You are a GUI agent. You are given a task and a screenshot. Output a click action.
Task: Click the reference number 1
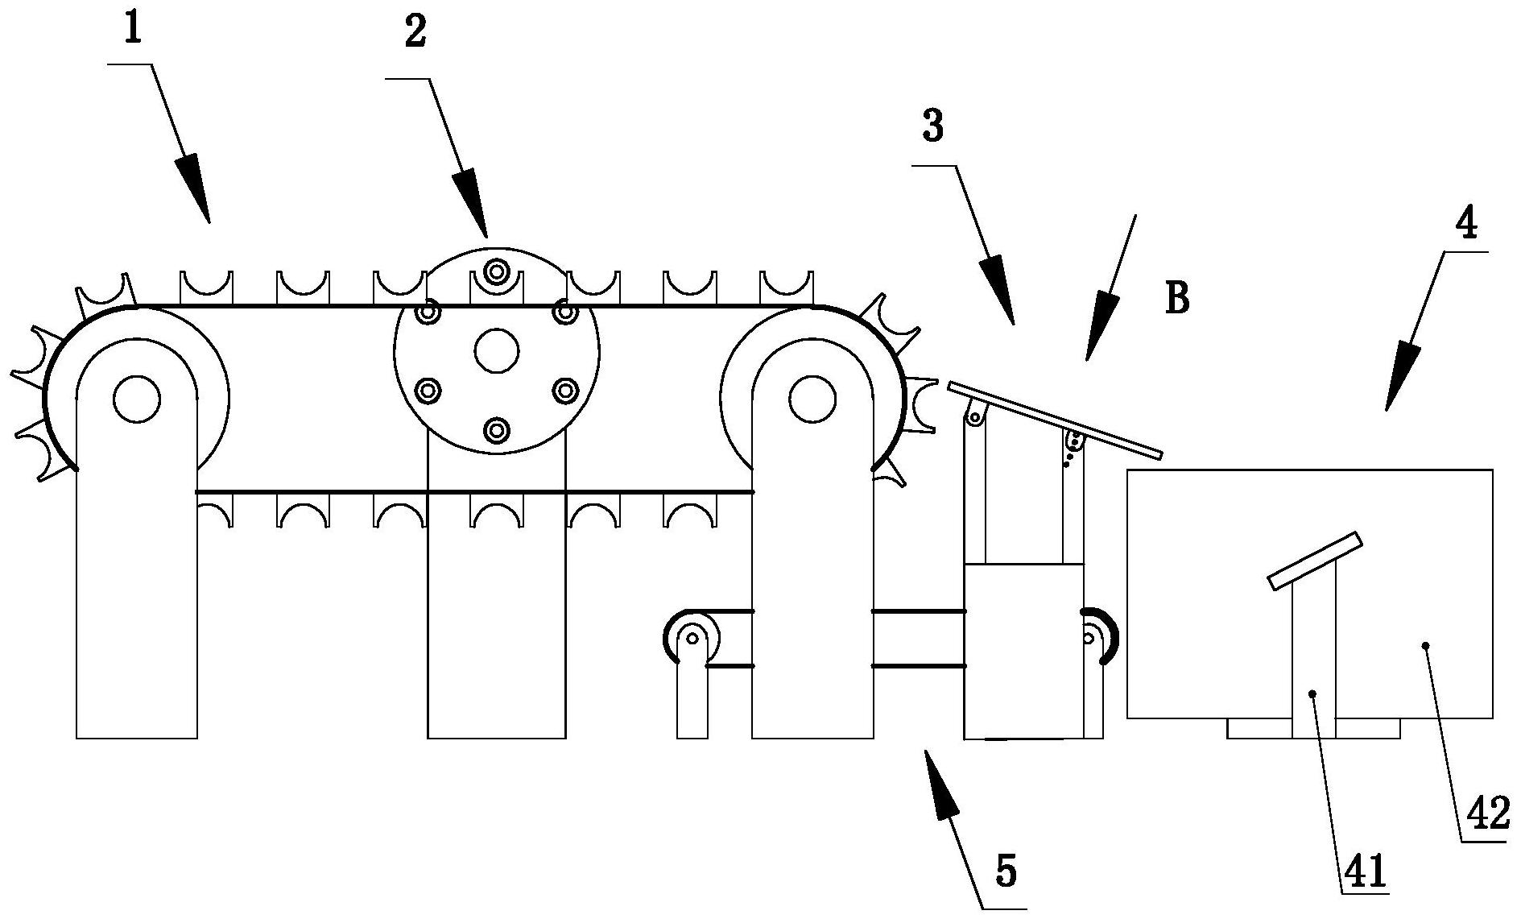click(133, 30)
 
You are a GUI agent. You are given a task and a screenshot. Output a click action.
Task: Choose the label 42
click(1487, 815)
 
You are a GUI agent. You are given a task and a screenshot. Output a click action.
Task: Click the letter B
click(1176, 298)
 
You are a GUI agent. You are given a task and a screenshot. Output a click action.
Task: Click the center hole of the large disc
click(497, 350)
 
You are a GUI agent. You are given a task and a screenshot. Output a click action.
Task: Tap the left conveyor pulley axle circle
click(137, 399)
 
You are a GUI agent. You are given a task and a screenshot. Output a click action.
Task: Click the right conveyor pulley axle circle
click(812, 399)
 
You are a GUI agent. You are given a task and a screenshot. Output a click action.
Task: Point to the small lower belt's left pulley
click(692, 638)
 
